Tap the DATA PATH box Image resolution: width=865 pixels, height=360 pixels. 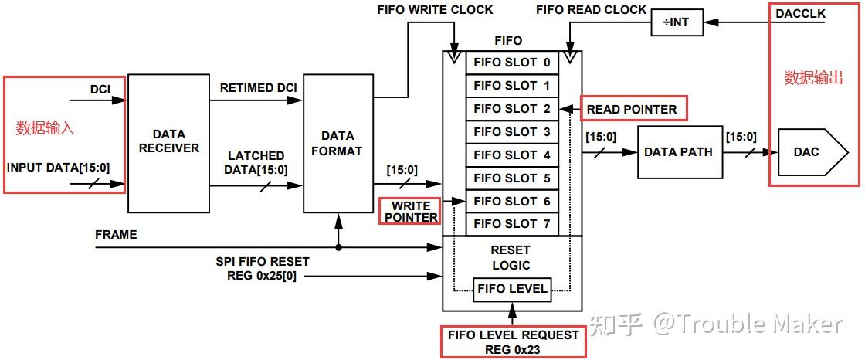[677, 151]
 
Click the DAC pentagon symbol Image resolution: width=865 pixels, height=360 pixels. [806, 152]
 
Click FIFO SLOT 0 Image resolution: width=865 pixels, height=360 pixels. [512, 63]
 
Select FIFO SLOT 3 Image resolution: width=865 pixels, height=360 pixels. [512, 132]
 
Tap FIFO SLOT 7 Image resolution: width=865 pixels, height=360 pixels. [512, 224]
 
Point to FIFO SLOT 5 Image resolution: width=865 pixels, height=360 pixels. [512, 178]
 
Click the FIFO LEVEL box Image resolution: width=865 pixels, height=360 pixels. [513, 290]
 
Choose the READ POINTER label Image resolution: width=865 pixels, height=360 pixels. [632, 110]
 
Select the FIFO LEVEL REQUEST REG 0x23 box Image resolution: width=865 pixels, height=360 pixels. [513, 341]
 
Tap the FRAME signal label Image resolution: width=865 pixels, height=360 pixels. [116, 234]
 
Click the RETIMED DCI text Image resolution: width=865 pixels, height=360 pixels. [259, 87]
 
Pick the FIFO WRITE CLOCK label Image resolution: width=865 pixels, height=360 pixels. [435, 10]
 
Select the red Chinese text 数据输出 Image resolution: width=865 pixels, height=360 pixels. [814, 77]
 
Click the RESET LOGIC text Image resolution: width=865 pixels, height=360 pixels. [511, 258]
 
